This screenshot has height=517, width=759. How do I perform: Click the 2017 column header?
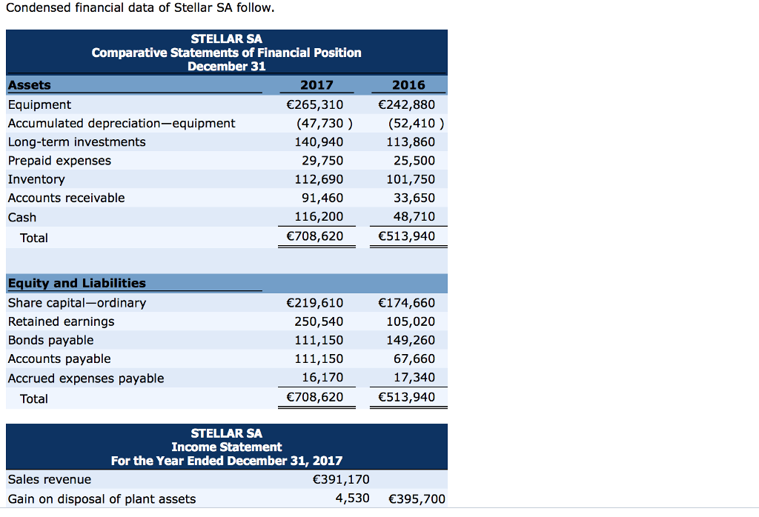[316, 85]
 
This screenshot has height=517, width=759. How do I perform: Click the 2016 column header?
[408, 85]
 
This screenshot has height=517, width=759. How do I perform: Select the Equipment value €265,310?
[314, 104]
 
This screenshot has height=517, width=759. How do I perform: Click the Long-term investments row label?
[76, 141]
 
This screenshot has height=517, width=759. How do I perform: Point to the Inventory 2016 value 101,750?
[411, 179]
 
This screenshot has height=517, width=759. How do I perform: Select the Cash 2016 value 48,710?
[414, 216]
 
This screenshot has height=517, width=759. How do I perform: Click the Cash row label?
[21, 217]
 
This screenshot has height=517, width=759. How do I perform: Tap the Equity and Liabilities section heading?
[76, 283]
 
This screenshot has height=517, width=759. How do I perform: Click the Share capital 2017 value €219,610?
[314, 302]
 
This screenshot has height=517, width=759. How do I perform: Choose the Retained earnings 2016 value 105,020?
[411, 321]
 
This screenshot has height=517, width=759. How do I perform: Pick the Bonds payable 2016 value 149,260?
[411, 340]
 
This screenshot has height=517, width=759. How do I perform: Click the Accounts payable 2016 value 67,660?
[414, 358]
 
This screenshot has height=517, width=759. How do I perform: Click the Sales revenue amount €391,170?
[342, 479]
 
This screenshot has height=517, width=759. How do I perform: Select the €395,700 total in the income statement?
[417, 498]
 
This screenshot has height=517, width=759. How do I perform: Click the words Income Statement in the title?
[226, 447]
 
